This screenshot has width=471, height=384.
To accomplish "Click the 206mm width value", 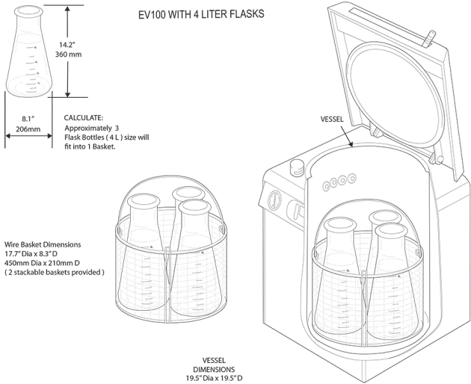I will (29, 128).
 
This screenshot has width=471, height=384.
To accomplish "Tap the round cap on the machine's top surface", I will (297, 165).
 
